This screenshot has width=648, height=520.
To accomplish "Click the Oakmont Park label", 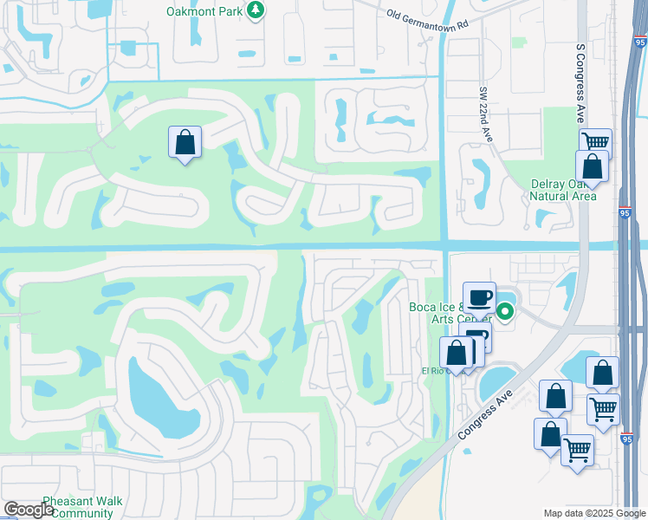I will (x=204, y=11).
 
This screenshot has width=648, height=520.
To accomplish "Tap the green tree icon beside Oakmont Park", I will (x=256, y=10).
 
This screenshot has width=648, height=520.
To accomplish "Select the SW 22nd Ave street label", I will (x=485, y=114).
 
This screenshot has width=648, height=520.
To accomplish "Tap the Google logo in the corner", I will (x=29, y=510).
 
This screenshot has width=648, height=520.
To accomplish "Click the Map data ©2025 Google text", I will (x=594, y=513).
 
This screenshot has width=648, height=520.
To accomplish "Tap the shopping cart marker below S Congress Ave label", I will (x=595, y=141).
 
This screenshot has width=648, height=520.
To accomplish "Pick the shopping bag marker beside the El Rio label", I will (x=456, y=353).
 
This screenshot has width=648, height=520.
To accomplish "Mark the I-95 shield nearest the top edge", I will (x=639, y=40).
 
